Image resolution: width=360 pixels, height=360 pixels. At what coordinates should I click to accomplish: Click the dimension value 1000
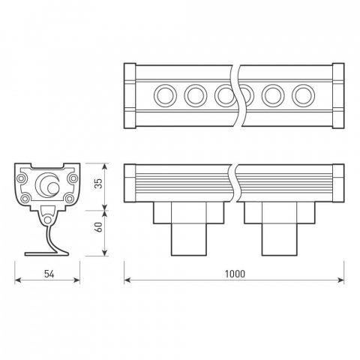point(234,273)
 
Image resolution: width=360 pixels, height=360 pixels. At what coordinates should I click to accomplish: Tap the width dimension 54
point(46,273)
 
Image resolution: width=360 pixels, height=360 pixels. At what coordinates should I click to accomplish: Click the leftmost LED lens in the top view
point(163,95)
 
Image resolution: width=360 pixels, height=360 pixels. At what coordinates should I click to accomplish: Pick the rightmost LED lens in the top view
point(302,95)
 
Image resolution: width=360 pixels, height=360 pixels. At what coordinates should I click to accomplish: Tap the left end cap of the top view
point(130,95)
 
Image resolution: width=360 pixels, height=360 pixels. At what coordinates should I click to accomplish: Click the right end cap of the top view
point(337,95)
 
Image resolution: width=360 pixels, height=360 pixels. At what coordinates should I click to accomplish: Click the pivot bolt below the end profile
point(48,218)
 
